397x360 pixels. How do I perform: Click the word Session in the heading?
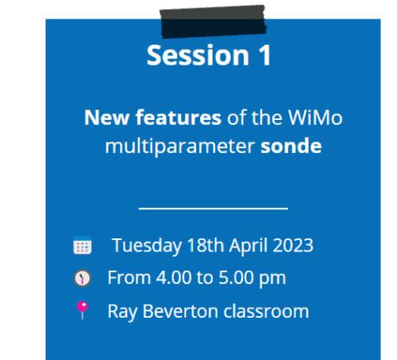pos(198,55)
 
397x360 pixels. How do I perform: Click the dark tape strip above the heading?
pos(213,22)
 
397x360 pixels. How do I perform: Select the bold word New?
pos(107,118)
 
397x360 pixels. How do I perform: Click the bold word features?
pos(179,118)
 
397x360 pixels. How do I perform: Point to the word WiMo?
pos(315,118)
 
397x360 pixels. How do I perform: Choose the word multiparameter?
pos(179,146)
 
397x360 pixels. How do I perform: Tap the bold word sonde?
pos(291,146)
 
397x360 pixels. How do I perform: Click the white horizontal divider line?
pos(213,209)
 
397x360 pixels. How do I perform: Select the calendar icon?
pos(83,245)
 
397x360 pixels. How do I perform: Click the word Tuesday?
pos(147,245)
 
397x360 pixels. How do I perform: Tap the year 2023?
pos(293,245)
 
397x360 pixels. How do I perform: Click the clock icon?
pos(82,278)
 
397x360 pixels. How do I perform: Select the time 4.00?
pos(174,277)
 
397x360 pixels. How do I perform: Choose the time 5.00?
pos(237,277)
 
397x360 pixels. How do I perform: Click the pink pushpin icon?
pos(82,310)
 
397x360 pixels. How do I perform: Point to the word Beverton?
pos(180,311)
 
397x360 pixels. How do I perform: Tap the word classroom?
pos(266,311)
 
